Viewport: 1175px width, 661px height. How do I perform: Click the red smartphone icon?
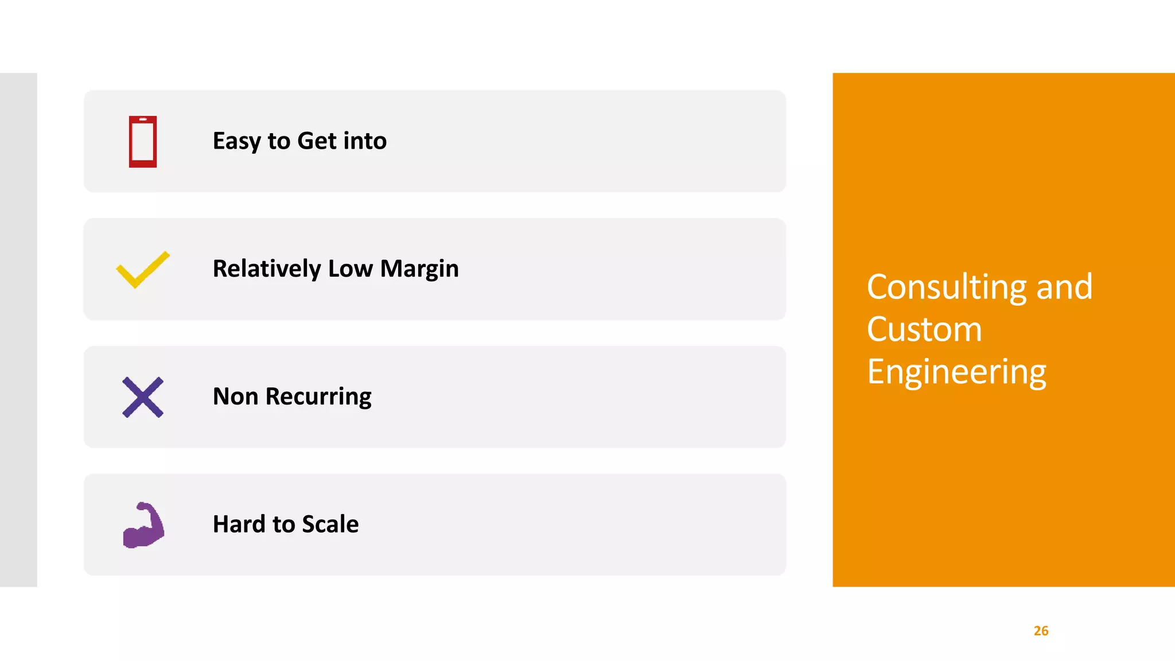click(143, 142)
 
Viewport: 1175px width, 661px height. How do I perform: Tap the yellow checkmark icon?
click(143, 269)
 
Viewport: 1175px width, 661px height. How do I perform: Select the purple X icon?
click(143, 397)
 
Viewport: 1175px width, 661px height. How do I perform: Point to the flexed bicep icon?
click(143, 525)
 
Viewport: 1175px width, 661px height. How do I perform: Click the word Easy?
click(236, 141)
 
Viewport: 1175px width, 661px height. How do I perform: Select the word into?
click(365, 141)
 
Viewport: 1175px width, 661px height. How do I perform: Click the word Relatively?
click(267, 269)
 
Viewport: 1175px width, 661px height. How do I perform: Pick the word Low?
click(350, 269)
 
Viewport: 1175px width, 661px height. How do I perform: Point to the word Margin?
click(419, 269)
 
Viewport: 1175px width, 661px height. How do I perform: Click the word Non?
click(235, 396)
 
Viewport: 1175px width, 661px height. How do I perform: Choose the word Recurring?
click(318, 397)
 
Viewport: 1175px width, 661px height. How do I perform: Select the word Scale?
click(330, 524)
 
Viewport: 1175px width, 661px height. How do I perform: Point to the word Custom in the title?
click(924, 329)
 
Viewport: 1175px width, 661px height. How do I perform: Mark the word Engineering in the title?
click(956, 372)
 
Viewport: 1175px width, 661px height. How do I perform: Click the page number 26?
click(1041, 631)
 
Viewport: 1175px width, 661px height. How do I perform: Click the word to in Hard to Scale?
click(283, 524)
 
